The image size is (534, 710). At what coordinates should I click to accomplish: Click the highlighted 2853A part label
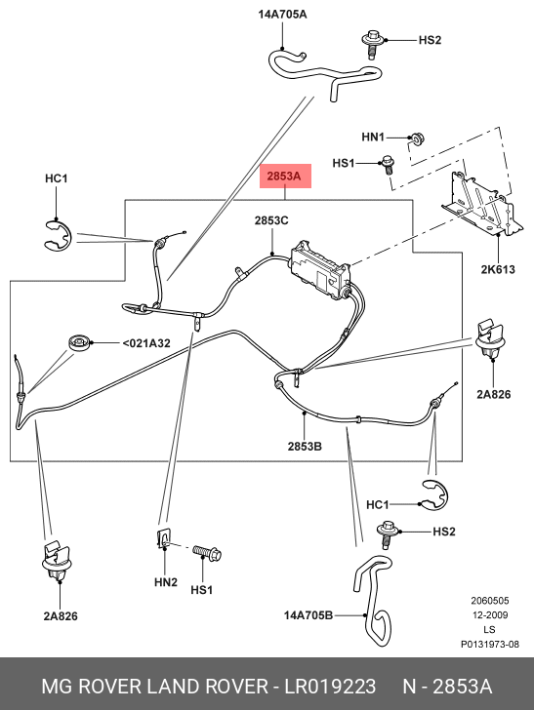point(283,176)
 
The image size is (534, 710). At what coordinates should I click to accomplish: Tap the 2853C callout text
point(271,221)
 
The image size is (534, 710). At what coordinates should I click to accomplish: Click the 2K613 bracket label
point(496,268)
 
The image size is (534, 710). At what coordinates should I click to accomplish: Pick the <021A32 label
point(145,342)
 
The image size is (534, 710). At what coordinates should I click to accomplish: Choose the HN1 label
point(374,138)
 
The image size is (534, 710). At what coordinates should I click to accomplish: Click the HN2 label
point(165,582)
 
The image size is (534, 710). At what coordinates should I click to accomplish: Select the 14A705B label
point(308,615)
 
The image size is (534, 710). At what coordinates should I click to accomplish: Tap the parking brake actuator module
point(319,267)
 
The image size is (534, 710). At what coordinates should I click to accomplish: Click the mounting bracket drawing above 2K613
point(477,204)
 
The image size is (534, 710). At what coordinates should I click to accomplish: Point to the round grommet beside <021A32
point(79,341)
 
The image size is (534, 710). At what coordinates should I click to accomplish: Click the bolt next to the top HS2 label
point(372,41)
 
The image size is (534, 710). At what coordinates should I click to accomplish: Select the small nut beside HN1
point(414,138)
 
